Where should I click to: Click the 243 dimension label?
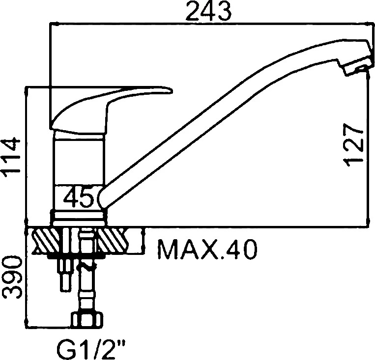pyautogui.click(x=208, y=11)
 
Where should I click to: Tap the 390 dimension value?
pyautogui.click(x=12, y=277)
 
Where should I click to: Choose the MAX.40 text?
pyautogui.click(x=207, y=249)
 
